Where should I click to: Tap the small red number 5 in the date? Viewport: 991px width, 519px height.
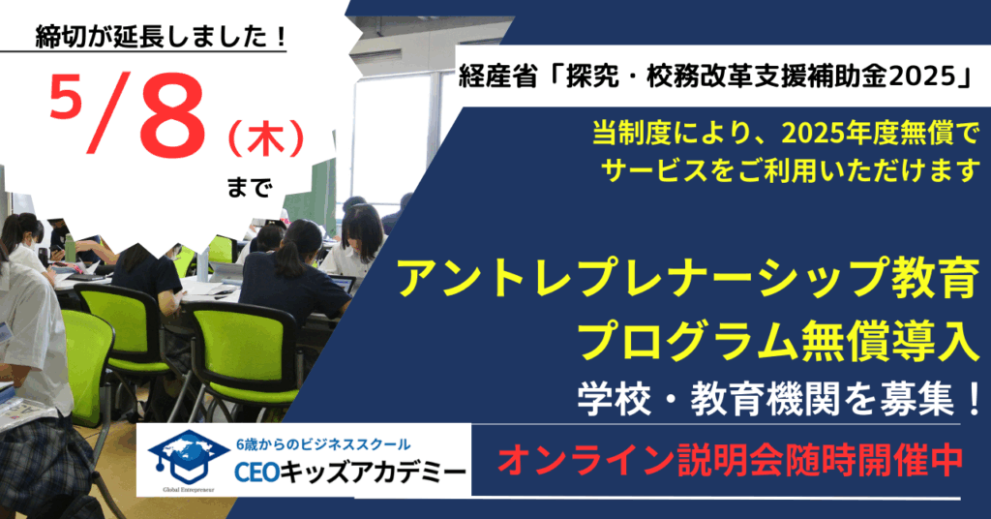tap(64, 95)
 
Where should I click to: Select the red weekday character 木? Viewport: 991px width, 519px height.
tap(266, 139)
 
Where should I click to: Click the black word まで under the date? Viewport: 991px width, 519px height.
tap(249, 188)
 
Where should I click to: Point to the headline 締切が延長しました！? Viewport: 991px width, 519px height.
tap(161, 38)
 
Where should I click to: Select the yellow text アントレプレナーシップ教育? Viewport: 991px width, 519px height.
tap(688, 279)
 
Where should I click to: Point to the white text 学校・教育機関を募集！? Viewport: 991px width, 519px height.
tap(779, 400)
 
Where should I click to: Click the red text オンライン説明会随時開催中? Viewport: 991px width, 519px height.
tap(731, 459)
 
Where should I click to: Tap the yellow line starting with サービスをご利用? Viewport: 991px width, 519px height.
tap(790, 170)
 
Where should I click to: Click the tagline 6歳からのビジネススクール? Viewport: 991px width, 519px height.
tap(323, 444)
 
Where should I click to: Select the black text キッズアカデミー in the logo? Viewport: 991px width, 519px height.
tap(373, 473)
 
